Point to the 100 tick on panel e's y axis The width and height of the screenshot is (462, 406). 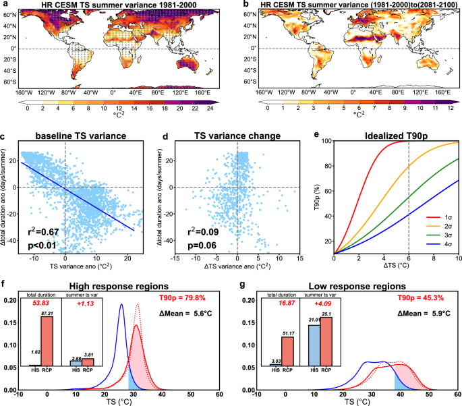(x=326, y=141)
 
